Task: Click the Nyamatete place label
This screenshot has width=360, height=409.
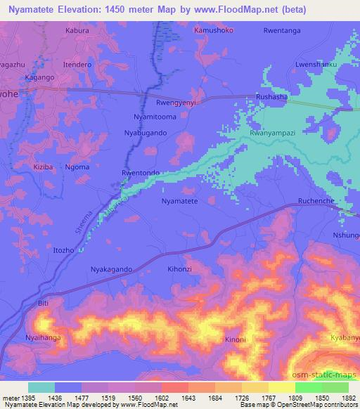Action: tap(180, 201)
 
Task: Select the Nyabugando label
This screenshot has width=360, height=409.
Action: tap(146, 132)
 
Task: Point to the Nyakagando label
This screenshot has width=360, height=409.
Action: tap(112, 269)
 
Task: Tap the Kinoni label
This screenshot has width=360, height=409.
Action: tap(236, 340)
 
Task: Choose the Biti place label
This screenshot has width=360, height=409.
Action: tap(44, 303)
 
